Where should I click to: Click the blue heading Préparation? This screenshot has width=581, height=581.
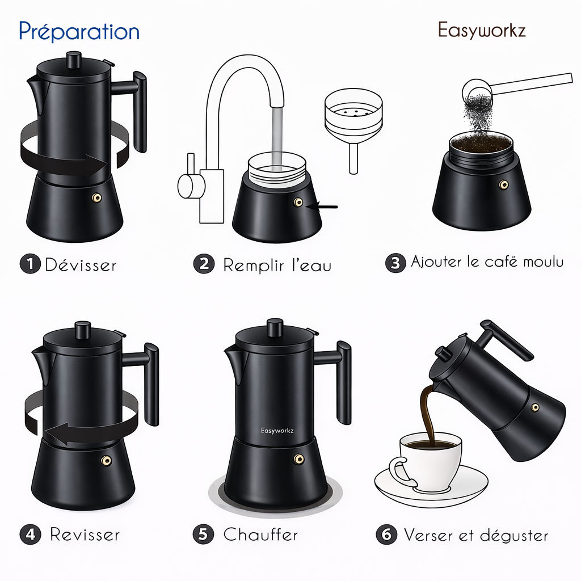(x=79, y=31)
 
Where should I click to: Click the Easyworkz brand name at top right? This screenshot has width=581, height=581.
(x=482, y=30)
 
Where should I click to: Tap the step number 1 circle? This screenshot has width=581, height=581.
(x=30, y=264)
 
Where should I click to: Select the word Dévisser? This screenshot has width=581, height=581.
(x=81, y=265)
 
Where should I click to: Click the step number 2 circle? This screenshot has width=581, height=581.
(x=203, y=264)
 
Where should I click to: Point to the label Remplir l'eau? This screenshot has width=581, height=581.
(x=277, y=265)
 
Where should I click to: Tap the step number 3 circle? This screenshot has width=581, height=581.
(x=395, y=263)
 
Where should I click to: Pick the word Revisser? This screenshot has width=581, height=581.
(x=85, y=534)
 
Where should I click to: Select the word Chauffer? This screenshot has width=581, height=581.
(x=260, y=534)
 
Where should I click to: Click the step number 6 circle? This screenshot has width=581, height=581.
(x=386, y=535)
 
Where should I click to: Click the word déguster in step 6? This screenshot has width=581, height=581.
(x=513, y=536)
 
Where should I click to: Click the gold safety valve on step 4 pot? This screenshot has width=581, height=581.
(x=105, y=459)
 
